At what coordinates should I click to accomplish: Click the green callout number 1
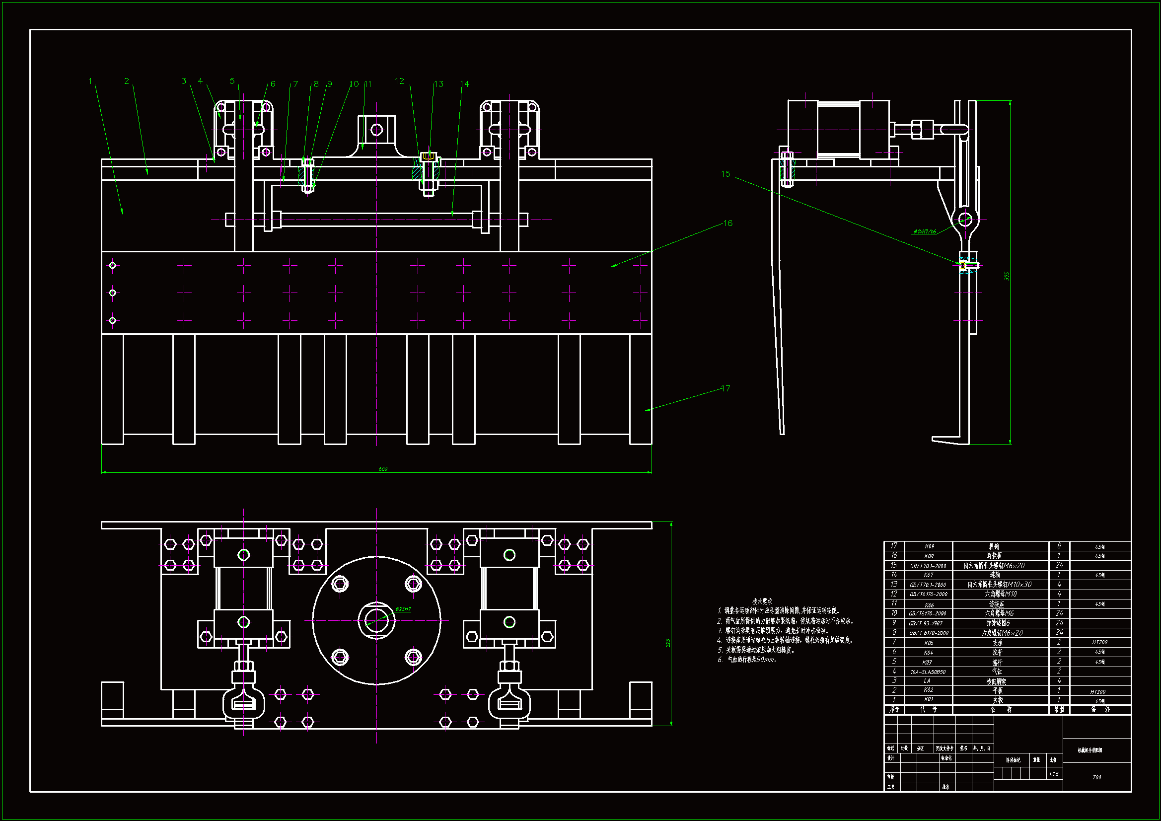(90, 81)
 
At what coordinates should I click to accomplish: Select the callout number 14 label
(465, 84)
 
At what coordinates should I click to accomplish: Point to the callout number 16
(727, 223)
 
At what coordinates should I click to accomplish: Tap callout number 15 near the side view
(726, 174)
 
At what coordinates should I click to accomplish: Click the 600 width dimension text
(383, 469)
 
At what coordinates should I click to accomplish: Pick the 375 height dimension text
(1007, 276)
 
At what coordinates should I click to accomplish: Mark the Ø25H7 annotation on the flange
(403, 609)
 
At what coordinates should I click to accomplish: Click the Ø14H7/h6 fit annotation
(924, 231)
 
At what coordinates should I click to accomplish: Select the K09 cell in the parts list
(929, 546)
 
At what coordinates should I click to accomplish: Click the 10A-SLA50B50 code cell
(928, 672)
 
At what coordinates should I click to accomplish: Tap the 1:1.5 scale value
(1053, 774)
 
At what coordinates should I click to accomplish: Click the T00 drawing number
(1096, 777)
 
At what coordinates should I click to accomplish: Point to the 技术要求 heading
(762, 601)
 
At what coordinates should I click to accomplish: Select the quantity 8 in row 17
(1059, 546)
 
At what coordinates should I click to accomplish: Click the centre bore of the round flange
(376, 620)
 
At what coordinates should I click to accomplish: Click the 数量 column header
(1059, 709)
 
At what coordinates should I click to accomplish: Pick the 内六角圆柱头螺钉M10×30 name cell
(999, 584)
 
